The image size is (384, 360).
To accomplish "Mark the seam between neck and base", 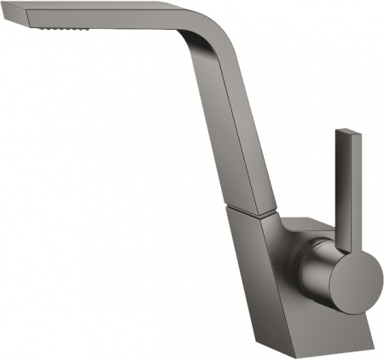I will [252, 208].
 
